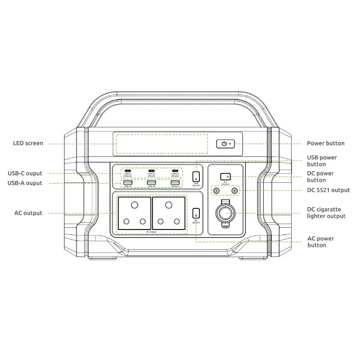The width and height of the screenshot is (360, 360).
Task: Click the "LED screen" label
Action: click(x=28, y=144)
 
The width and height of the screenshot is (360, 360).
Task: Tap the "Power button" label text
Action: click(x=325, y=144)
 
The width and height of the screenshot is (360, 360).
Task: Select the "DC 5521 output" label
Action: click(x=328, y=190)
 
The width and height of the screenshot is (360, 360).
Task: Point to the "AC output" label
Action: click(x=28, y=213)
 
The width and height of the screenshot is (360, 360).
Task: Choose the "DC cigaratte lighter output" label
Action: click(x=326, y=213)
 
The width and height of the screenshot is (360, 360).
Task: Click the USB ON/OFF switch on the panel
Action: click(x=196, y=176)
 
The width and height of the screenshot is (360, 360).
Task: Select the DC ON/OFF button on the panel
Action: click(x=225, y=177)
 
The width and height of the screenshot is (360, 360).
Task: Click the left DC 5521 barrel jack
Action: click(x=217, y=191)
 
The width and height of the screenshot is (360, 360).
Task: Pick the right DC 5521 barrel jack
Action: click(x=234, y=191)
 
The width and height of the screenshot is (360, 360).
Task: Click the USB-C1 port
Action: click(x=127, y=171)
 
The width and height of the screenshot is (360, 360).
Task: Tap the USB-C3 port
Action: click(x=175, y=171)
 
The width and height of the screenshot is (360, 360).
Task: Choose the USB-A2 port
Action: click(x=151, y=182)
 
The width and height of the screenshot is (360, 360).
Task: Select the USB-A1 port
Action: click(x=127, y=182)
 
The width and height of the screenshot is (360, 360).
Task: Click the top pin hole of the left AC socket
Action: click(x=134, y=205)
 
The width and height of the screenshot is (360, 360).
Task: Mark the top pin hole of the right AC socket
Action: click(x=169, y=205)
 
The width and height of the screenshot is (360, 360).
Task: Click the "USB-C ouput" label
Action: click(x=25, y=173)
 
